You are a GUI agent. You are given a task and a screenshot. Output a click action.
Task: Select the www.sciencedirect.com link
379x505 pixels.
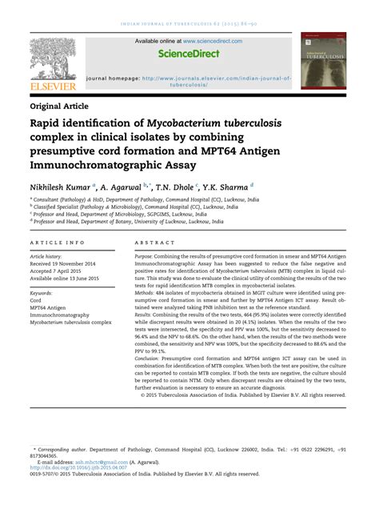(x=213, y=40)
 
